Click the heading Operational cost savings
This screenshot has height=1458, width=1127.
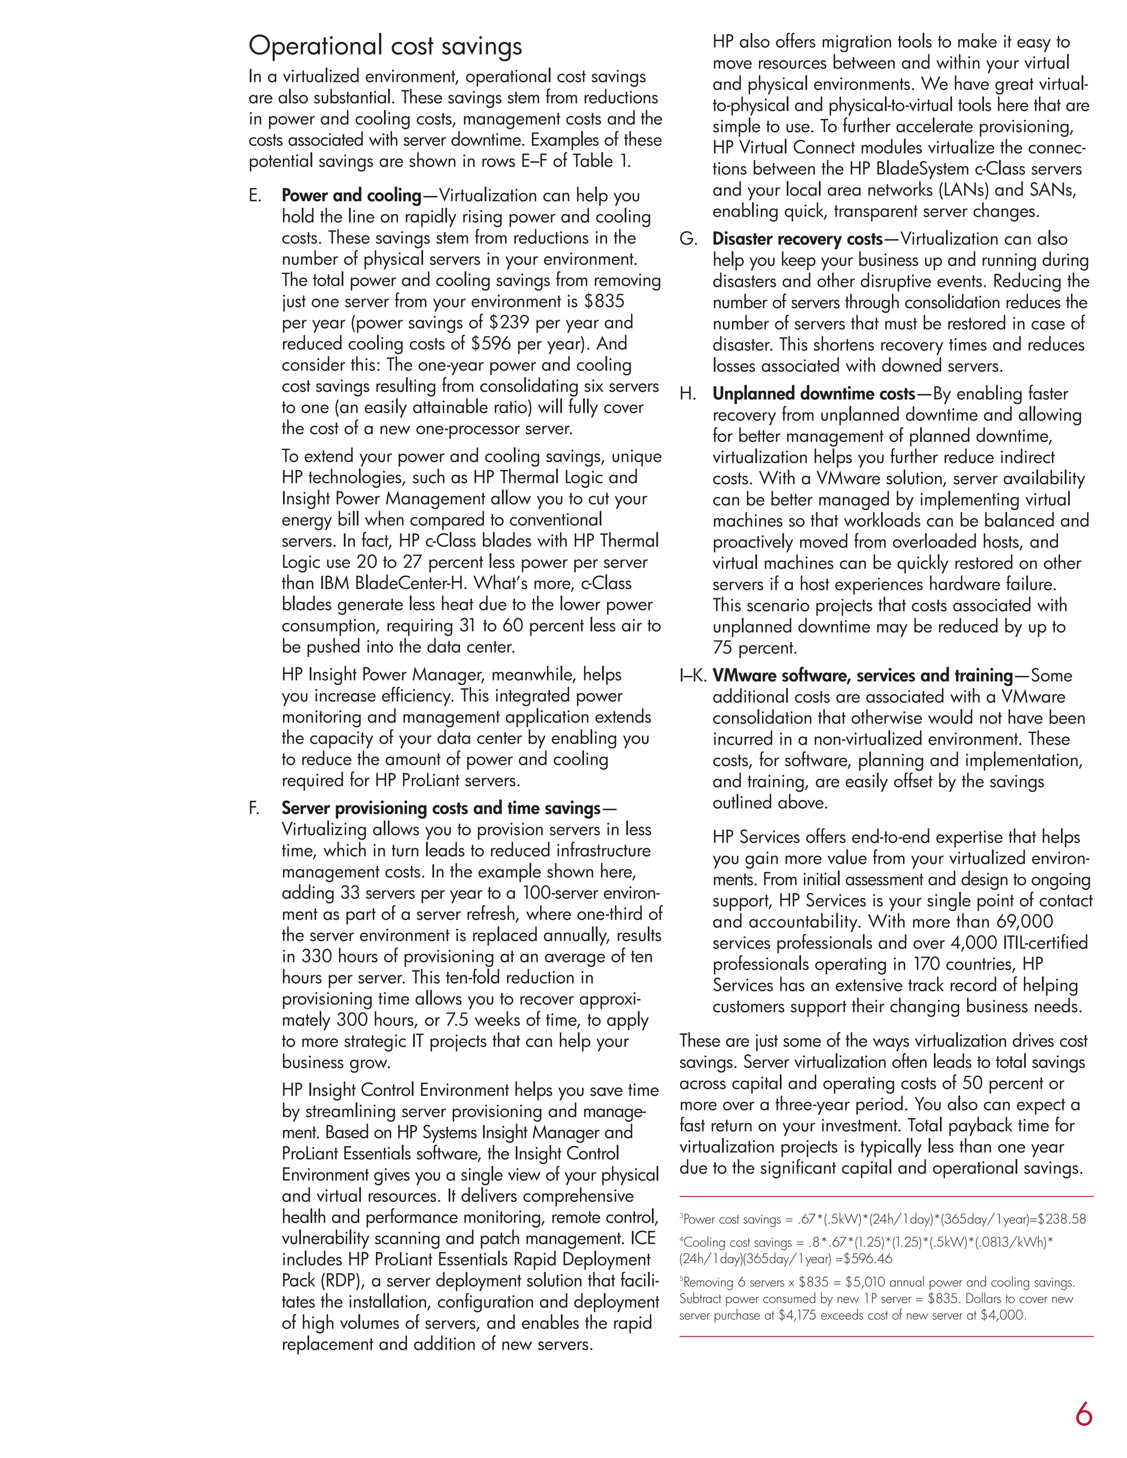pyautogui.click(x=385, y=46)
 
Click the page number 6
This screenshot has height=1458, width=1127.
pyautogui.click(x=1083, y=1414)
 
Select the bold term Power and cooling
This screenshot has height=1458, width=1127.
pyautogui.click(x=351, y=196)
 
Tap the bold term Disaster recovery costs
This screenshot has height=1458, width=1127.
pyautogui.click(x=797, y=239)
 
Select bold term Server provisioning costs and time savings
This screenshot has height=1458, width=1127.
pyautogui.click(x=441, y=808)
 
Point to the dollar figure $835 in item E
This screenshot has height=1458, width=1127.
pyautogui.click(x=604, y=302)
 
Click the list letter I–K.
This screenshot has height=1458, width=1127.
pyautogui.click(x=693, y=676)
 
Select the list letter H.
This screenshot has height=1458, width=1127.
pyautogui.click(x=688, y=394)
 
